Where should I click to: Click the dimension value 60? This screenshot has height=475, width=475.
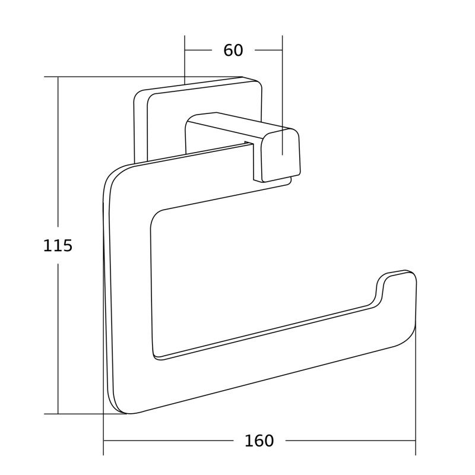tap(233, 51)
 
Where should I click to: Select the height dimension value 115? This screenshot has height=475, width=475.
tap(58, 246)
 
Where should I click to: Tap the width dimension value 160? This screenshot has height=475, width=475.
tap(259, 441)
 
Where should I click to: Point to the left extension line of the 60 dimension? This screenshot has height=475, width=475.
tap(185, 59)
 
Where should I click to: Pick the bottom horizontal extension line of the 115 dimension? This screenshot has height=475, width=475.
tap(83, 414)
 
